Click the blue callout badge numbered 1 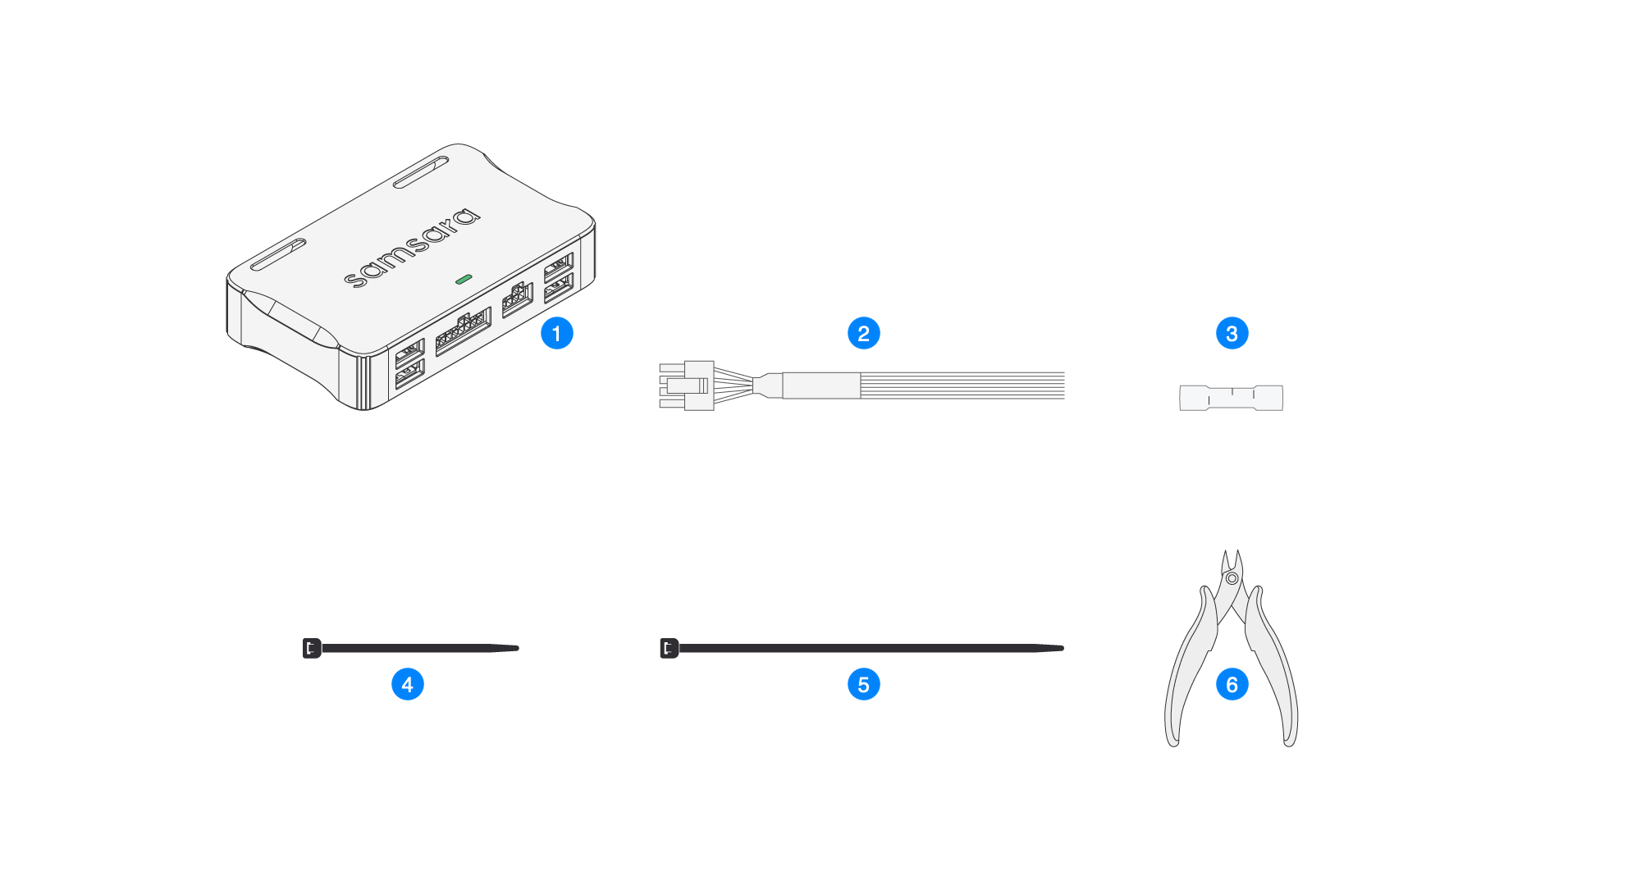click(x=556, y=333)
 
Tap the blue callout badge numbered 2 click(x=863, y=333)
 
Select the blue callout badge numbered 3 click(x=1232, y=333)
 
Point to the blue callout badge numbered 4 click(x=407, y=684)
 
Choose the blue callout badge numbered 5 click(x=863, y=684)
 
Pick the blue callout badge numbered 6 click(x=1232, y=684)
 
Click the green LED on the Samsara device click(x=463, y=280)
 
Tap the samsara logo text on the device click(x=411, y=248)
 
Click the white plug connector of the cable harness click(x=687, y=385)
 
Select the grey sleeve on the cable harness click(x=821, y=385)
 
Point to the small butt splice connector click(x=1231, y=398)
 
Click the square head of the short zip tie click(x=312, y=648)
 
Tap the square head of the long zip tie click(x=670, y=648)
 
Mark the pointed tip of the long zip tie click(x=1062, y=648)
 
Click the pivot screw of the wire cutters click(x=1232, y=578)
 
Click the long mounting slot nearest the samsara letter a click(x=421, y=173)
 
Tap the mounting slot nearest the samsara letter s click(x=278, y=254)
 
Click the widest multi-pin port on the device click(x=464, y=331)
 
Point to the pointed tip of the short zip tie click(x=517, y=648)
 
